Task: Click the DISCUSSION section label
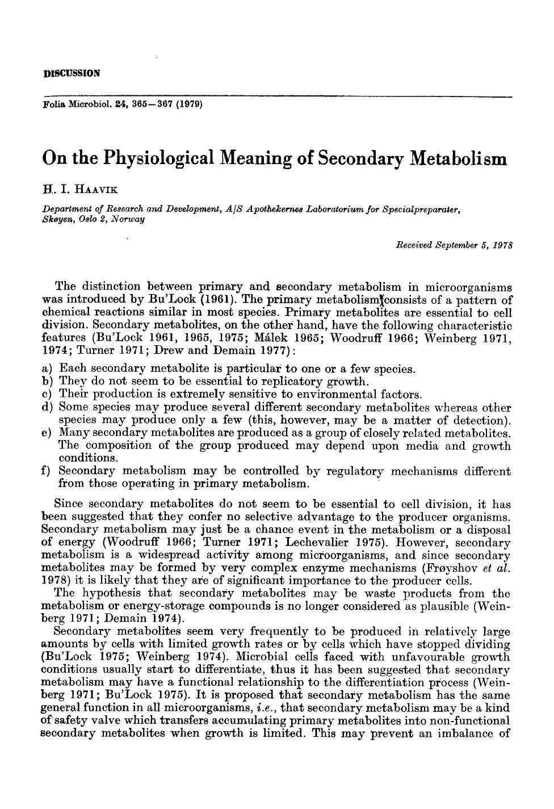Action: pyautogui.click(x=72, y=73)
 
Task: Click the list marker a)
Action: pyautogui.click(x=48, y=369)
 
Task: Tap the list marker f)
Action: pyautogui.click(x=47, y=471)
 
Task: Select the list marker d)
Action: pyautogui.click(x=48, y=407)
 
